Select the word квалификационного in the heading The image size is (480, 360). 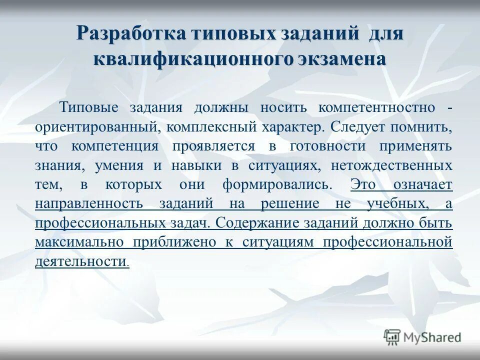tap(192, 58)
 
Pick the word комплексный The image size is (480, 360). tap(210, 127)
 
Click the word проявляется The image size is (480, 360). tap(213, 146)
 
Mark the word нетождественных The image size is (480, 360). tap(388, 165)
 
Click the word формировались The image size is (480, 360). tap(277, 184)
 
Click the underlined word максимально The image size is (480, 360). tap(79, 242)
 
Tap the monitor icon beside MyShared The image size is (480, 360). tap(392, 337)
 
